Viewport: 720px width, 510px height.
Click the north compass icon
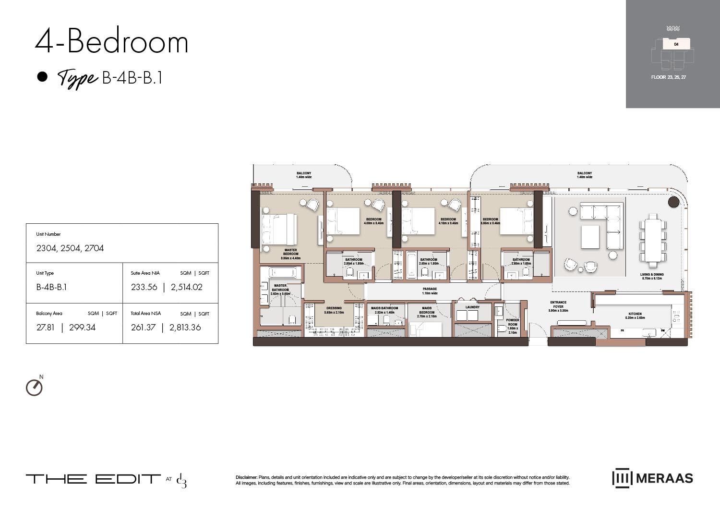pos(34,387)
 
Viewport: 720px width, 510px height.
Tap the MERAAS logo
pos(653,478)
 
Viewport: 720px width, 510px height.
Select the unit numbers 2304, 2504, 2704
pos(70,248)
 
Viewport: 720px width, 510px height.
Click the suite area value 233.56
pos(144,287)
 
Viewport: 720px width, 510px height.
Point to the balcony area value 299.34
pos(82,328)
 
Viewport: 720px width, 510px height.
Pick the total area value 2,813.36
pos(185,328)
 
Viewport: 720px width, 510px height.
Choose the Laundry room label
pos(472,307)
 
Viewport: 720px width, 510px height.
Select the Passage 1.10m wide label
pos(430,291)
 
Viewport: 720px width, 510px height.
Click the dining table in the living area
pos(652,240)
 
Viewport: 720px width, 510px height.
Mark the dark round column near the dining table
pos(673,202)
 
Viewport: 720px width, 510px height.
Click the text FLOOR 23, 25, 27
pos(668,77)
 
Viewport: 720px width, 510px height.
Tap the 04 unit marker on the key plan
pos(676,44)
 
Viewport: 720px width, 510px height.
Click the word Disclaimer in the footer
pos(246,477)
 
